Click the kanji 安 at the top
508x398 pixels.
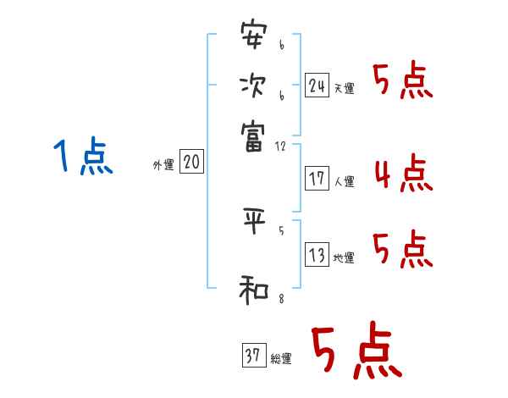pos(252,36)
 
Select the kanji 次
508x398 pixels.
pos(252,85)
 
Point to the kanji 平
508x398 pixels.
pos(252,219)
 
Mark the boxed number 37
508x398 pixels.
pos(252,356)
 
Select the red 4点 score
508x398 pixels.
pos(403,175)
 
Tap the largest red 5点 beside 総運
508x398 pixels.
pos(355,352)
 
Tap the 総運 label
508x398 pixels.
pos(280,359)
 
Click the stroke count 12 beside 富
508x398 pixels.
pos(281,146)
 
